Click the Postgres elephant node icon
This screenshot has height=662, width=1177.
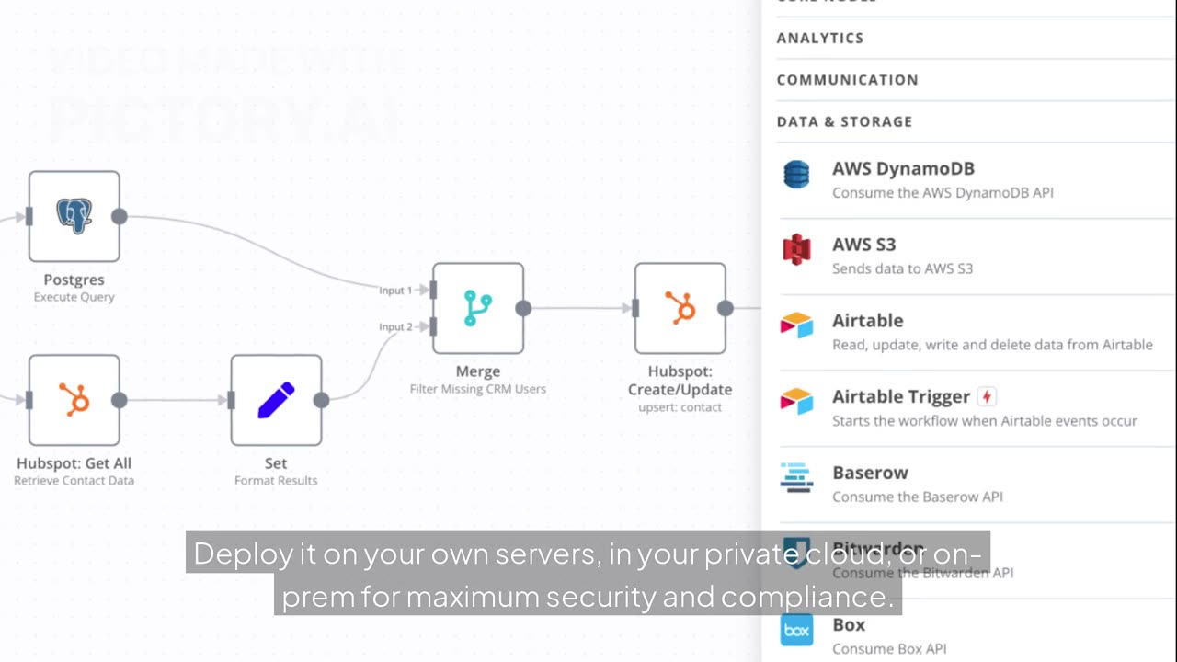click(74, 215)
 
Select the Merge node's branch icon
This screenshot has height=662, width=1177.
click(477, 308)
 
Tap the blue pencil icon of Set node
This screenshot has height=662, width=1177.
click(276, 400)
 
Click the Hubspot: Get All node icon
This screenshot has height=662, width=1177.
click(74, 400)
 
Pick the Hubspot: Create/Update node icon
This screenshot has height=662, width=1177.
click(680, 308)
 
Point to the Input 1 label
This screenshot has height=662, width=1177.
click(395, 291)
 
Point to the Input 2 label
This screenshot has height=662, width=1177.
click(395, 327)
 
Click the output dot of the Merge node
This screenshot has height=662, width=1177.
click(523, 308)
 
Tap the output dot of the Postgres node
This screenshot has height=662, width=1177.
click(120, 216)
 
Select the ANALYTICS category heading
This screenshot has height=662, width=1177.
click(819, 38)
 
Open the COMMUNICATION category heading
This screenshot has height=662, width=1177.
click(847, 80)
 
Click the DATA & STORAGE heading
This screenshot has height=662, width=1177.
click(844, 121)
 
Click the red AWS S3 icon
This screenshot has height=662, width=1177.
click(796, 250)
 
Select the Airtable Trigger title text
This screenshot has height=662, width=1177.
click(900, 396)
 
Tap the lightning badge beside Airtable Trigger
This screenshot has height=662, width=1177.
click(987, 396)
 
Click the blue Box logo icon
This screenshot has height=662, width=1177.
click(796, 631)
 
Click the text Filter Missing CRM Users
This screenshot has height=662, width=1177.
click(477, 389)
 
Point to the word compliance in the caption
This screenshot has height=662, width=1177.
click(806, 598)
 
